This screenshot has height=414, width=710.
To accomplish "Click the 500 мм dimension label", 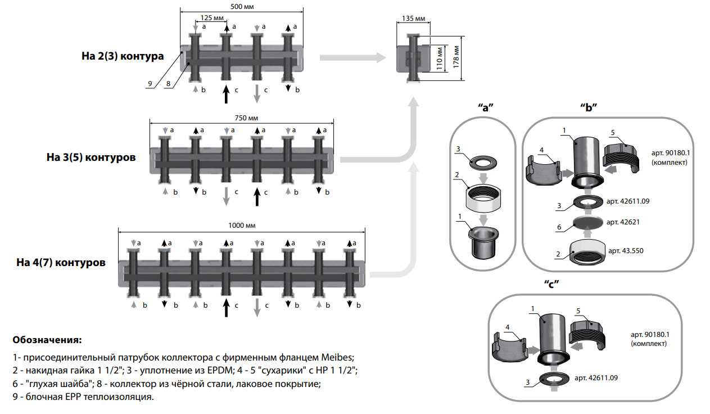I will point(242,6).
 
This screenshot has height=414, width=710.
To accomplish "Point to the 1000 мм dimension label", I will point(242,225).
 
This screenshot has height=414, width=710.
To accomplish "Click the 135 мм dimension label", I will point(414,19).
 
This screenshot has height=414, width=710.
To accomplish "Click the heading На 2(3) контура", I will point(123,56).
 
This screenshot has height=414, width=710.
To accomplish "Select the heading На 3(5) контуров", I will point(91,157).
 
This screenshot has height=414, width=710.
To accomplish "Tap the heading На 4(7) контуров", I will point(61,262).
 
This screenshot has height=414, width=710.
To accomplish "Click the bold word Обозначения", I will point(47,340).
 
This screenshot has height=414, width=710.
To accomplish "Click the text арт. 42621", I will point(623,222).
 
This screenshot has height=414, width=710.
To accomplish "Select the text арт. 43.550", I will point(626,250).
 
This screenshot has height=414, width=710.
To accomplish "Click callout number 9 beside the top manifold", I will point(150,84).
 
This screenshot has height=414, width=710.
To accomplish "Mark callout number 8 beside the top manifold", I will point(168,84).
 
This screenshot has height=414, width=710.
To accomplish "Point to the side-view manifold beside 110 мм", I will point(413,58).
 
